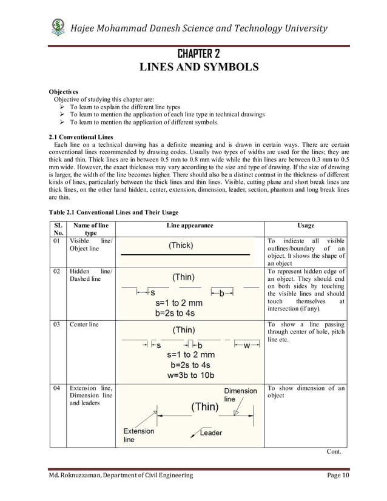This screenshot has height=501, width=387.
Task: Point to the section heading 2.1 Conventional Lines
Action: pos(81,136)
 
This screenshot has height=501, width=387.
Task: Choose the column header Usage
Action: pos(306,226)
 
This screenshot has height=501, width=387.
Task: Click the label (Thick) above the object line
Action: pos(181,246)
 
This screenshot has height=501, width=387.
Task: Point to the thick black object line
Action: pos(185,255)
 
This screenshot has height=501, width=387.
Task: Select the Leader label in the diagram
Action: pos(210,432)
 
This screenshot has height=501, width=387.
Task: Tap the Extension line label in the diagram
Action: pos(139,435)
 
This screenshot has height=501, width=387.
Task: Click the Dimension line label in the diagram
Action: pos(240,395)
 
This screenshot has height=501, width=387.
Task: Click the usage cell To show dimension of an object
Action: pos(306,391)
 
